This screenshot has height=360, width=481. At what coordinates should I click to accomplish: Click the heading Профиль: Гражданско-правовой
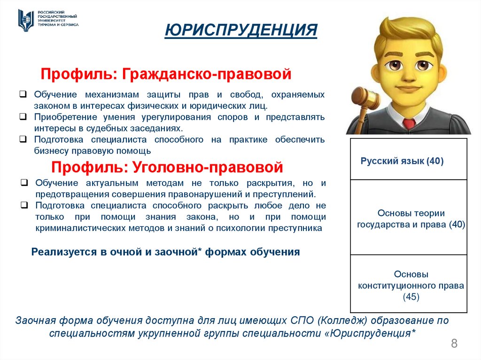coord(166,74)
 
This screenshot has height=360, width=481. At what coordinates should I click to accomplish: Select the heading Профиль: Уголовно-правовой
coord(167,167)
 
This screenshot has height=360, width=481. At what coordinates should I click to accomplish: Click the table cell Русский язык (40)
coord(402,161)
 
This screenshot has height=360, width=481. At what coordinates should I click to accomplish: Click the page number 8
coord(454,343)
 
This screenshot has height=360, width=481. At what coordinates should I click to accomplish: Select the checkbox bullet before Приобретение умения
coord(23,117)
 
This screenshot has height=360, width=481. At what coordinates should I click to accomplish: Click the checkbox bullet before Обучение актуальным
coord(24,183)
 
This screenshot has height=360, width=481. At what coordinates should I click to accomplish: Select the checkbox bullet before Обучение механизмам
coord(23,94)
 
